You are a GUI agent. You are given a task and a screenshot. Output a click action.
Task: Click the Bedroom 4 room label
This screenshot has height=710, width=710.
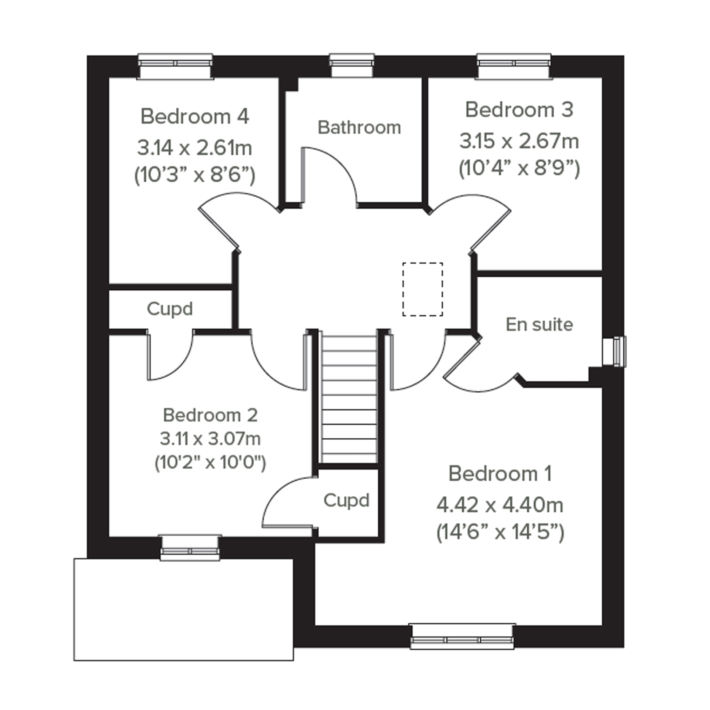click(x=195, y=116)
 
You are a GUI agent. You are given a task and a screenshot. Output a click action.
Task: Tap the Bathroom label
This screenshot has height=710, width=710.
click(x=359, y=128)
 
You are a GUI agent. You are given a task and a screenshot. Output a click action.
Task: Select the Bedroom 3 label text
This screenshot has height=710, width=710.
click(x=519, y=109)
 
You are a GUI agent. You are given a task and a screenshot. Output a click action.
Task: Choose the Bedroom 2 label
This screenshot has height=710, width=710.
click(x=210, y=415)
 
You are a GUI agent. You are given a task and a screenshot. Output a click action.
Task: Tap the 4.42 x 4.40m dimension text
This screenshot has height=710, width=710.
click(x=500, y=505)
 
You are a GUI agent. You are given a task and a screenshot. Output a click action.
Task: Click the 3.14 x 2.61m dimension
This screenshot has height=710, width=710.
click(x=195, y=148)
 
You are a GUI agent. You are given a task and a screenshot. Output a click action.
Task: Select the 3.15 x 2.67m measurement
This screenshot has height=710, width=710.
click(x=519, y=141)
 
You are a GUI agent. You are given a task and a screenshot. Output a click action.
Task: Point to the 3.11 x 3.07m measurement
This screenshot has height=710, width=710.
click(x=210, y=439)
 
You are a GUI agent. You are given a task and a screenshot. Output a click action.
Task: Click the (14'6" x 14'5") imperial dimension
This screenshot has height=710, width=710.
click(x=500, y=532)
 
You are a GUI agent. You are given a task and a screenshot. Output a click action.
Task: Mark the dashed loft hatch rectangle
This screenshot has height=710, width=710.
click(x=422, y=289)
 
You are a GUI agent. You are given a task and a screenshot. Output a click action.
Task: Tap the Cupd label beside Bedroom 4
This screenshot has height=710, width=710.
click(x=170, y=309)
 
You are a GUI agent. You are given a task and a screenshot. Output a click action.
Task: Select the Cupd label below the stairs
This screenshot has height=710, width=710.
click(x=346, y=501)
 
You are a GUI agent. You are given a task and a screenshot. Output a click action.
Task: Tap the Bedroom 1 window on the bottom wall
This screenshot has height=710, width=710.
click(x=462, y=636)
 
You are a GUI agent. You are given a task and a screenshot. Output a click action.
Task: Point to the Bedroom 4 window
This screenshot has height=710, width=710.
click(x=175, y=66)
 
